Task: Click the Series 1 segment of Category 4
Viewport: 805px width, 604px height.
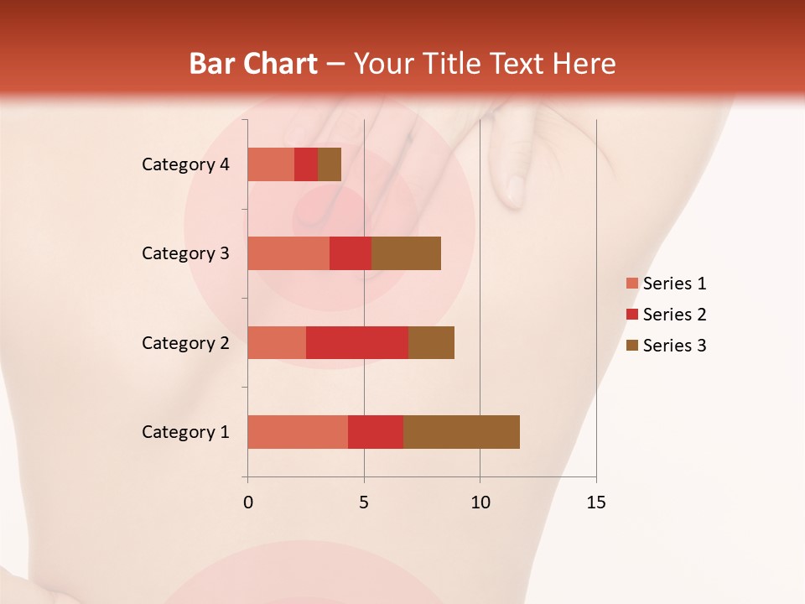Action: (271, 164)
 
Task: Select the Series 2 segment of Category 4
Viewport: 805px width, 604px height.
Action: (306, 164)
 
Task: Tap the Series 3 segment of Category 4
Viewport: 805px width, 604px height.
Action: (330, 164)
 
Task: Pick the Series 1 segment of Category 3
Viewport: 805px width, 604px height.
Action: (288, 253)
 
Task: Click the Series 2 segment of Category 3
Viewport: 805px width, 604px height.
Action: (351, 253)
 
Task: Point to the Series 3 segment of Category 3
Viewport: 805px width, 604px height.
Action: (406, 253)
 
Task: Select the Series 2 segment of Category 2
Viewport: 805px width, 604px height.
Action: (357, 342)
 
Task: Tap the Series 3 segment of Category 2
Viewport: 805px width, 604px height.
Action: (431, 342)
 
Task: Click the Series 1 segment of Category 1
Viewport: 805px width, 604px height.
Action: (298, 432)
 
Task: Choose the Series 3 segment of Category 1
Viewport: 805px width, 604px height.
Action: (461, 432)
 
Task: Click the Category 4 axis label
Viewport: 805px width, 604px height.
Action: (185, 164)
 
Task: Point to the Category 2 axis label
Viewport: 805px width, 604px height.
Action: (185, 343)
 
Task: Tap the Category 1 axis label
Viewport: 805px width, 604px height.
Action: (185, 432)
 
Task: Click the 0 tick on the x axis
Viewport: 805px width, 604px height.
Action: (248, 502)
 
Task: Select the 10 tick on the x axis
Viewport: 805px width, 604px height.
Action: (480, 502)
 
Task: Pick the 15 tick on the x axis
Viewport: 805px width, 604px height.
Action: (595, 502)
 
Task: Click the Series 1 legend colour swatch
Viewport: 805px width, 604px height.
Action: (631, 284)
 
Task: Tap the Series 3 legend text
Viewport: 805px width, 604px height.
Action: (674, 346)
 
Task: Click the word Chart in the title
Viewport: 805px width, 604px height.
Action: (286, 64)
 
